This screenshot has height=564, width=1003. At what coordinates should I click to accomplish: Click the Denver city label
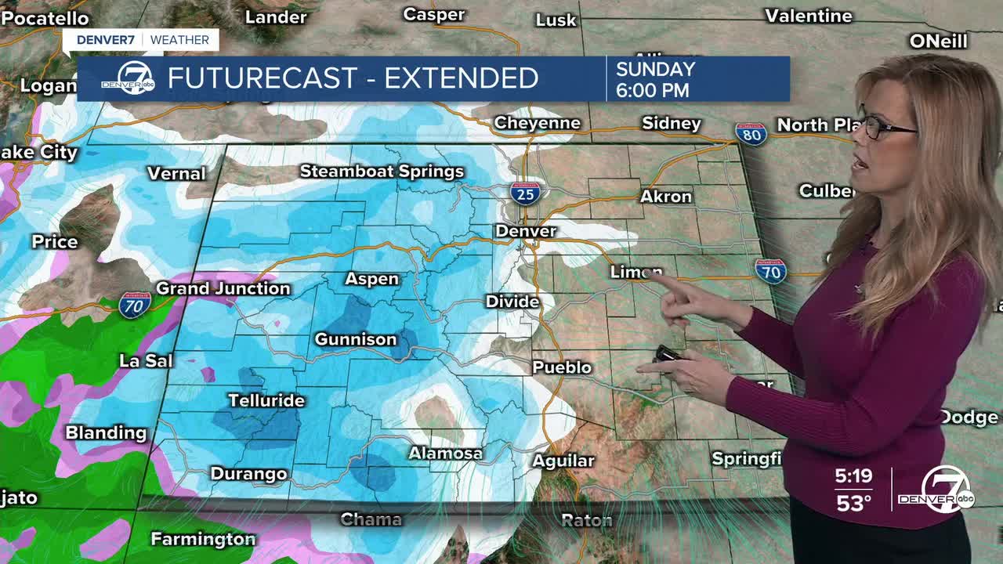[x=526, y=231]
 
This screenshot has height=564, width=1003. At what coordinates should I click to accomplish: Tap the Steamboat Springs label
[x=382, y=172]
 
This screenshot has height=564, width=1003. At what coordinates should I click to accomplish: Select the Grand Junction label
[x=223, y=288]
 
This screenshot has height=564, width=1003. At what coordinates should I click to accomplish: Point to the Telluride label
[x=266, y=400]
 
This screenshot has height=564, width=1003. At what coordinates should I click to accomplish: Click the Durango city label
[x=249, y=474]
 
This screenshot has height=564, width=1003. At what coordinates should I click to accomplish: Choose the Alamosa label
[x=446, y=454]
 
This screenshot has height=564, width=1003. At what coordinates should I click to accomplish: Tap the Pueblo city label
[x=562, y=367]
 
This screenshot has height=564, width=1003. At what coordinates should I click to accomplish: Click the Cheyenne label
[x=538, y=123]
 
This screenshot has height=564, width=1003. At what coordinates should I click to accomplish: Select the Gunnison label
[x=356, y=339]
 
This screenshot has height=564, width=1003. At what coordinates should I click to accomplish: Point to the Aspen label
[x=372, y=279]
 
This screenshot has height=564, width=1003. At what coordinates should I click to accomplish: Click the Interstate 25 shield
[x=525, y=192]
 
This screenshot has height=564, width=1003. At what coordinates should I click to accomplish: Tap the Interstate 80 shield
[x=751, y=134]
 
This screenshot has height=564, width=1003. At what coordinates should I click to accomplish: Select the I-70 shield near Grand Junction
[x=135, y=305]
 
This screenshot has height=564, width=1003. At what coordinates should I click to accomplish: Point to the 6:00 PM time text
[x=653, y=90]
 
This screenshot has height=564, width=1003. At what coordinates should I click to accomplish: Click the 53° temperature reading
[x=853, y=503]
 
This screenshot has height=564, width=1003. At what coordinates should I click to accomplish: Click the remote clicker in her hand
[x=668, y=354]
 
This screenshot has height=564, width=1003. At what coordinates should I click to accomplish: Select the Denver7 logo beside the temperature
[x=948, y=490]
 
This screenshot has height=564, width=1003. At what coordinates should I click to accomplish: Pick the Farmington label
[x=203, y=539]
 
